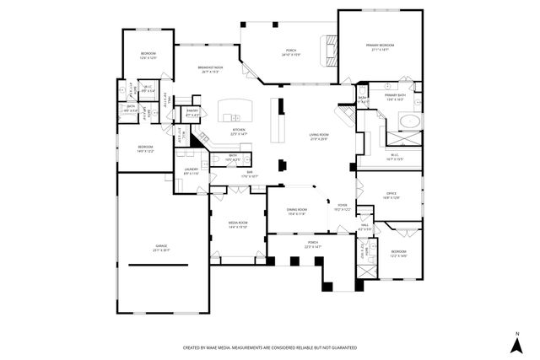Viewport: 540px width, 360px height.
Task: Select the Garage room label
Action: pyautogui.click(x=161, y=248)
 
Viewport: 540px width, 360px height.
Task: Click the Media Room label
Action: pyautogui.click(x=237, y=224)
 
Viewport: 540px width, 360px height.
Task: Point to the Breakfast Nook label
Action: pyautogui.click(x=210, y=69)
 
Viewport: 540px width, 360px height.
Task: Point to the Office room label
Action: pyautogui.click(x=391, y=196)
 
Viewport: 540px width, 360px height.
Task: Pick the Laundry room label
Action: pyautogui.click(x=192, y=171)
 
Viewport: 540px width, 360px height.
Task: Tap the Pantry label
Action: pyautogui.click(x=192, y=111)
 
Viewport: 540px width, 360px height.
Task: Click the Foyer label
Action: pyautogui.click(x=343, y=207)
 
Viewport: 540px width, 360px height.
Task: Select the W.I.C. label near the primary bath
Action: pyautogui.click(x=395, y=156)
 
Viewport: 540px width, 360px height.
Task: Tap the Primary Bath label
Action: pyautogui.click(x=396, y=97)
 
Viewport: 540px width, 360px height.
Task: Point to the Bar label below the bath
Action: pyautogui.click(x=250, y=174)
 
